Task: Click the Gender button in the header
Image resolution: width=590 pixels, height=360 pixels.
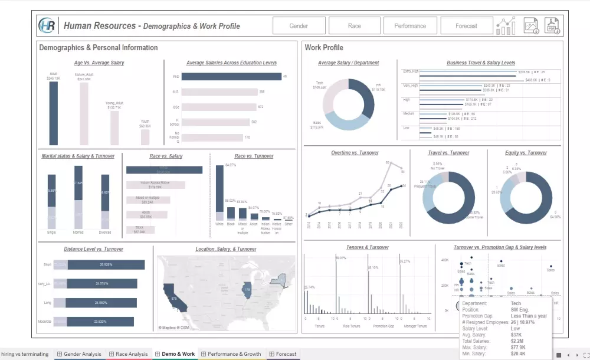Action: [299, 26]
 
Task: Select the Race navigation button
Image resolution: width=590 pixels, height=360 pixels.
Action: [355, 26]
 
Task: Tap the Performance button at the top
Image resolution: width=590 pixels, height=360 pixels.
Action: [410, 26]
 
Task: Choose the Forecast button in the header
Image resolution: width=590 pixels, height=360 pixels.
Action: [467, 26]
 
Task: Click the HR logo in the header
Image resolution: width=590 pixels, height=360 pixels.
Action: [47, 26]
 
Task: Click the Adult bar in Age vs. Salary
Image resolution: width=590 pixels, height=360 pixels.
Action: [54, 113]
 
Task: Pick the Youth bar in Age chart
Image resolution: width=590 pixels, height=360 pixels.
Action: [145, 137]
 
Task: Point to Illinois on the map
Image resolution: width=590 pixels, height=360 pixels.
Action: [247, 289]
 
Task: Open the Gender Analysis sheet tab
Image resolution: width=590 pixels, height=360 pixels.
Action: [82, 354]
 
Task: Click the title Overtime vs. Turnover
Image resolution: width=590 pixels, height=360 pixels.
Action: [355, 153]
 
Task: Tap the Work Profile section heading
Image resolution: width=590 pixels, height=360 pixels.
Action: [324, 48]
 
